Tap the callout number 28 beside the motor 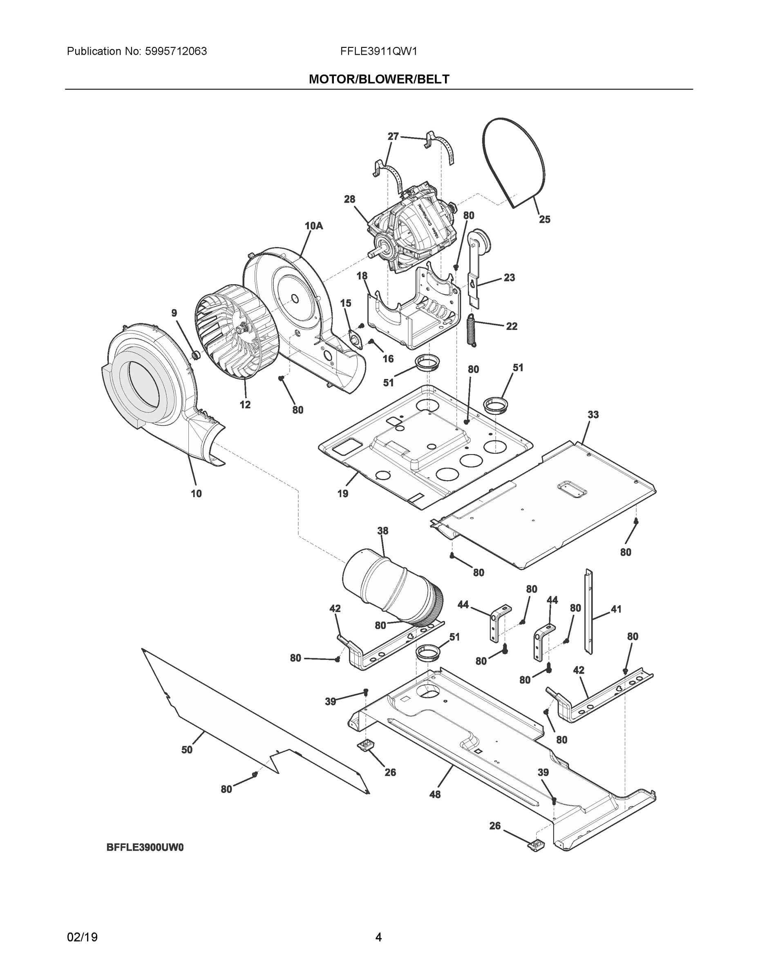[349, 199]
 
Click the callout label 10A [313, 226]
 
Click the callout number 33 [593, 414]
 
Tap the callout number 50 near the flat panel [187, 749]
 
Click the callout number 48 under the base [435, 794]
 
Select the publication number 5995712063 [176, 51]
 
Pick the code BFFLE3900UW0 [145, 847]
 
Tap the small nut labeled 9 [196, 355]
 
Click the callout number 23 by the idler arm [509, 278]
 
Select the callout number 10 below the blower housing [196, 494]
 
